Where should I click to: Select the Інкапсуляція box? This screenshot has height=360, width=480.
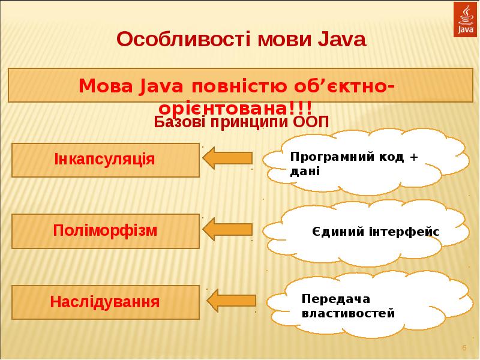coord(105,160)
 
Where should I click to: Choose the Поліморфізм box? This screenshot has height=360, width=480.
coord(105,230)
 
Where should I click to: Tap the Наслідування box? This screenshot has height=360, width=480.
coord(105,301)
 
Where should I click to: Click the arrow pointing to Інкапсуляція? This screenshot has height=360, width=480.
coord(227,158)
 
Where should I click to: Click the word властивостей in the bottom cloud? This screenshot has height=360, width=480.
coord(348,313)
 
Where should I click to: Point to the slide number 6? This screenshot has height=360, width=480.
coord(464,349)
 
